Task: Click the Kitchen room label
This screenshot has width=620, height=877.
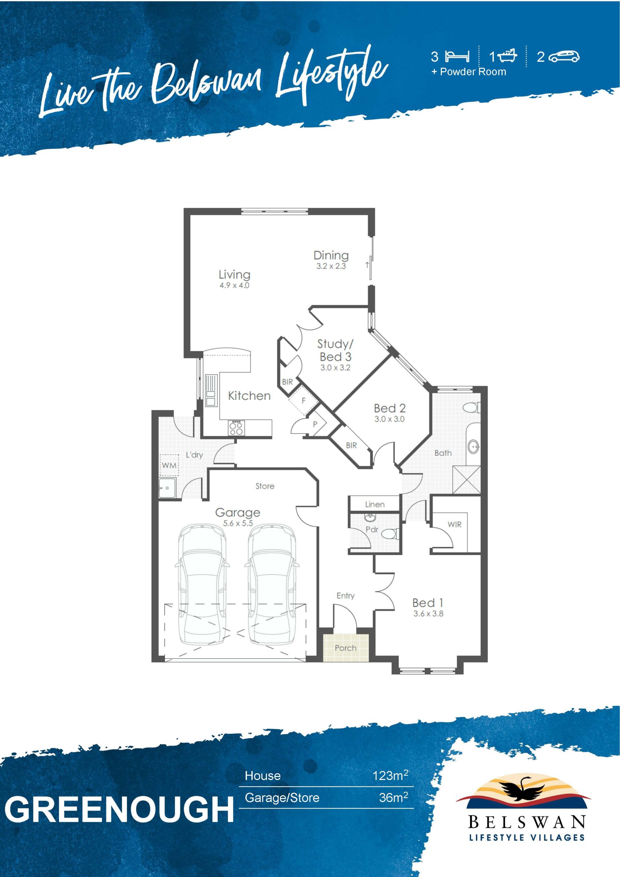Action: tap(249, 396)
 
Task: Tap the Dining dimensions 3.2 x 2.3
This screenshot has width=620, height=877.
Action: tap(331, 266)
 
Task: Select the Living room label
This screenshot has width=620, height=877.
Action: tap(235, 275)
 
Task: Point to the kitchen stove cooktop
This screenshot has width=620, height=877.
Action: tap(236, 428)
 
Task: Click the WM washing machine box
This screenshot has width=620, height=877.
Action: tap(169, 465)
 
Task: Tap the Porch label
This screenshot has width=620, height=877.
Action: tap(345, 648)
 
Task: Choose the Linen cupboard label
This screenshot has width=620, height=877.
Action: tap(375, 504)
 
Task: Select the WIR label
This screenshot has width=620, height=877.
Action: tap(454, 524)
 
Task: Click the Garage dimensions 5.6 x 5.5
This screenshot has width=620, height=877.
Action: tap(238, 523)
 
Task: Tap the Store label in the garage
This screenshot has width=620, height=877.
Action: tap(265, 486)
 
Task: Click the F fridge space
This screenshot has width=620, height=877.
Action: tap(304, 401)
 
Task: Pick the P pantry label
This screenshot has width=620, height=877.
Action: tap(315, 424)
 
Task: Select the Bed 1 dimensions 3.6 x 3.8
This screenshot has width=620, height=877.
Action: tap(428, 614)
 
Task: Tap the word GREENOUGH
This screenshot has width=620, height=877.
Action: tap(119, 810)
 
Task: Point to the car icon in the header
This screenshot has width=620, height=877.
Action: tap(564, 57)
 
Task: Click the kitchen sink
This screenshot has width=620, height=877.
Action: tap(211, 390)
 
